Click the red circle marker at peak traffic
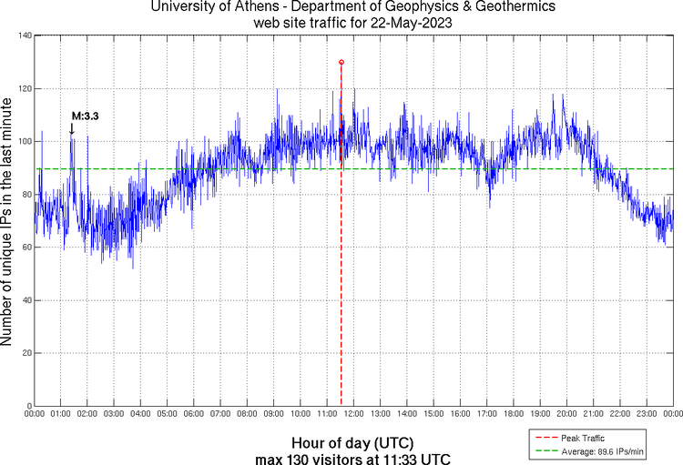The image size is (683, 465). coord(341,62)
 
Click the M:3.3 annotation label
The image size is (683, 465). coord(85,116)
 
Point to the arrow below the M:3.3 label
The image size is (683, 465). coord(72,129)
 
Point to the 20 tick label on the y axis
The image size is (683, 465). coord(25,352)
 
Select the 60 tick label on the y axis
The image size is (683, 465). coord(25,247)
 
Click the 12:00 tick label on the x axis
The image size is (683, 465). coord(353,414)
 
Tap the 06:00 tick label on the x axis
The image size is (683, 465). coord(194,414)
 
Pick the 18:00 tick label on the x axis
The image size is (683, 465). coord(513,414)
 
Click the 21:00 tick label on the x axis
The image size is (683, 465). coord(593,414)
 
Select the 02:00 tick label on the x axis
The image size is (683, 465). coord(87,414)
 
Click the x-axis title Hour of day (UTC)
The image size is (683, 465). coord(352,441)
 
